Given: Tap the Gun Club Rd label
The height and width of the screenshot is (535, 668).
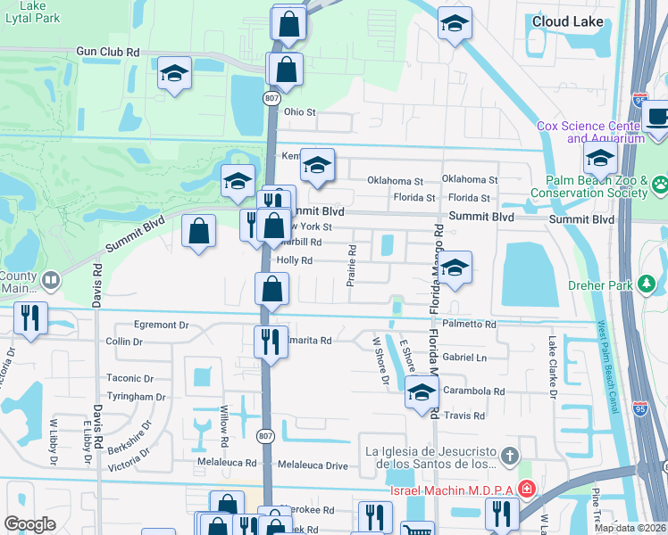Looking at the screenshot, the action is point(109,53).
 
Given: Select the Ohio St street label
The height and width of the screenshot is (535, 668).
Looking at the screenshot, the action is point(300,112).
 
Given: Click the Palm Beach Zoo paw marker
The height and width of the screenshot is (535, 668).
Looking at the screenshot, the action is point(660,185).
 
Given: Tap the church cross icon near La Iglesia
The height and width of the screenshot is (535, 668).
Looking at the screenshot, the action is point(509,457).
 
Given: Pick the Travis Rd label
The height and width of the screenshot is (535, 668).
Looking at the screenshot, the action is point(466,416).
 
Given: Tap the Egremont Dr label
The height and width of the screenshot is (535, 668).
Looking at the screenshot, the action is point(161,325).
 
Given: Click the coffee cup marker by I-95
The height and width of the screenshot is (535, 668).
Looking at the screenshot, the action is point(658,117).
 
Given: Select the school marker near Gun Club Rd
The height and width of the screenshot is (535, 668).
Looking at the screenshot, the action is point(175,75).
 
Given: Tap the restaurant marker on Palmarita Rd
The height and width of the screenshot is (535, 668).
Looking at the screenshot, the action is point(269,341).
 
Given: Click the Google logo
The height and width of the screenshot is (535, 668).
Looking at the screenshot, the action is point(29,524).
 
